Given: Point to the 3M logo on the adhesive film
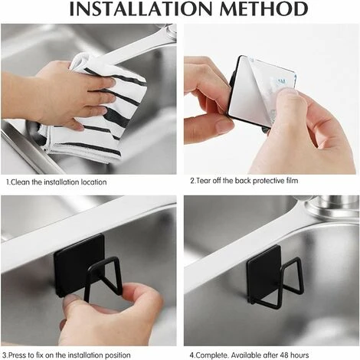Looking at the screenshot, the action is coord(281,82).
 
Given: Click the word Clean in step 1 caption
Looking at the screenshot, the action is coord(19,182).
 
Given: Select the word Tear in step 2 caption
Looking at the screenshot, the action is coord(202,181).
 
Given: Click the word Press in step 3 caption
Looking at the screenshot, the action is coord(18,355).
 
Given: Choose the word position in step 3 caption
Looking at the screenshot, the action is coord(117,355).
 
